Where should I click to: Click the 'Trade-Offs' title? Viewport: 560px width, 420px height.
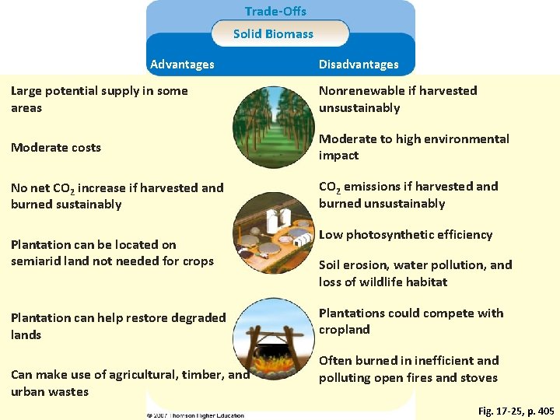pos(275,12)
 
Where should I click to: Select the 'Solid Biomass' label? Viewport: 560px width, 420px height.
pos(273,34)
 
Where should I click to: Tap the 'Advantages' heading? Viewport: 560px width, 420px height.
pos(182,65)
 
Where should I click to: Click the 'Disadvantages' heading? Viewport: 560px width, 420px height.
pos(358,65)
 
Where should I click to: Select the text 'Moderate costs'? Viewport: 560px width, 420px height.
pos(56,148)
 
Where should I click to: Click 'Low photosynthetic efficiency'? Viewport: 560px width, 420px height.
pos(405,235)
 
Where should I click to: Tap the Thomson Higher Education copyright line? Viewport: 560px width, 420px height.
pos(196,415)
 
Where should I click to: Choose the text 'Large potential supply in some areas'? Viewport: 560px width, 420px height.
pos(99,100)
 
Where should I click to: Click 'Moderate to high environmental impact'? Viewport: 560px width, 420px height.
pos(414,147)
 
